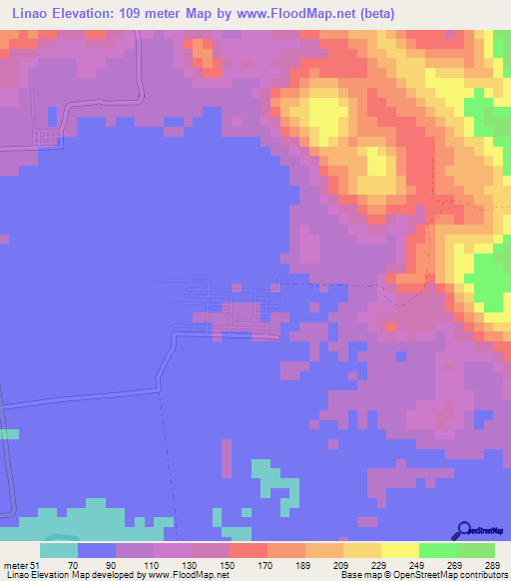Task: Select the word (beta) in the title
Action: tap(370, 14)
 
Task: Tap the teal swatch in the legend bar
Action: tap(59, 550)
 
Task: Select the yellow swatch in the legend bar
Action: tap(400, 550)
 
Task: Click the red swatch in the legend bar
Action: tap(249, 550)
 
